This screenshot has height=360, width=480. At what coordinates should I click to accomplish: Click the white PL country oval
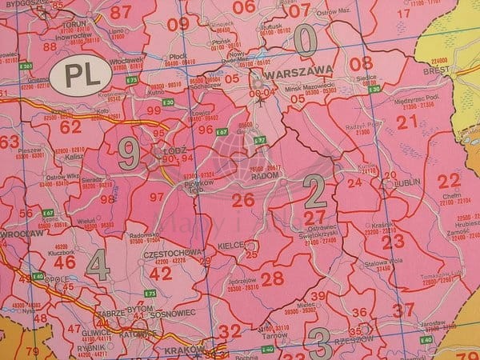[x=78, y=77]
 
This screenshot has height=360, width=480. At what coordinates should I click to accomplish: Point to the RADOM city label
[x=266, y=178]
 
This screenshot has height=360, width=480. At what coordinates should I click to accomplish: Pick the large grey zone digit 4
[x=98, y=266]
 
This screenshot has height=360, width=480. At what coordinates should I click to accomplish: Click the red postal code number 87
[x=121, y=12]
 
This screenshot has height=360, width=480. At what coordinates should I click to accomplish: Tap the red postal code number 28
[x=272, y=278]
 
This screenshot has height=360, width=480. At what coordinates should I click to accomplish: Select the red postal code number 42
[x=160, y=272]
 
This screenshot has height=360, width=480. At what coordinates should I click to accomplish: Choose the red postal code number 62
[x=70, y=126]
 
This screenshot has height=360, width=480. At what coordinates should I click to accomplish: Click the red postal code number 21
[x=407, y=122]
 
